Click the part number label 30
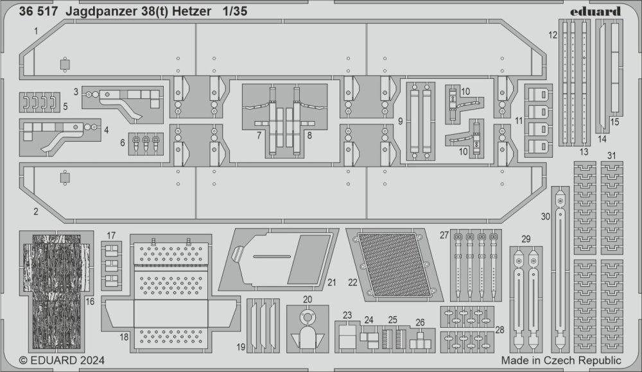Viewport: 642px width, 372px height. [545, 217]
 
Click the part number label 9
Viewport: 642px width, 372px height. [400, 120]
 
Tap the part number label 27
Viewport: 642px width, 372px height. [443, 235]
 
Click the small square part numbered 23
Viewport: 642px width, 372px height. [346, 334]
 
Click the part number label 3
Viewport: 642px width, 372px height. [76, 92]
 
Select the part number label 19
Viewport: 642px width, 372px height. [240, 347]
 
